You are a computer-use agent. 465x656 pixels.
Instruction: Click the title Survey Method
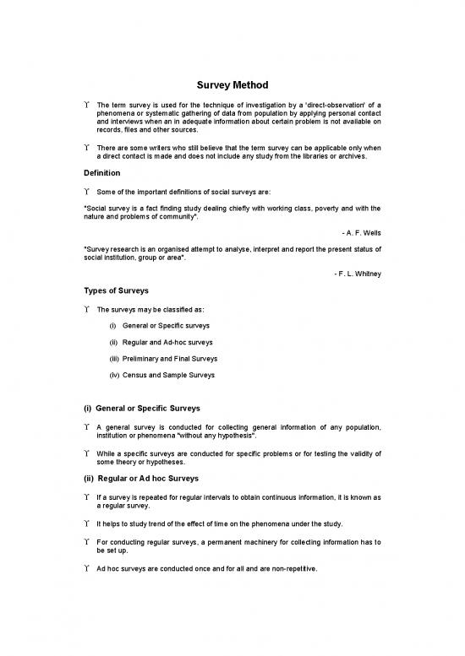tap(232, 85)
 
